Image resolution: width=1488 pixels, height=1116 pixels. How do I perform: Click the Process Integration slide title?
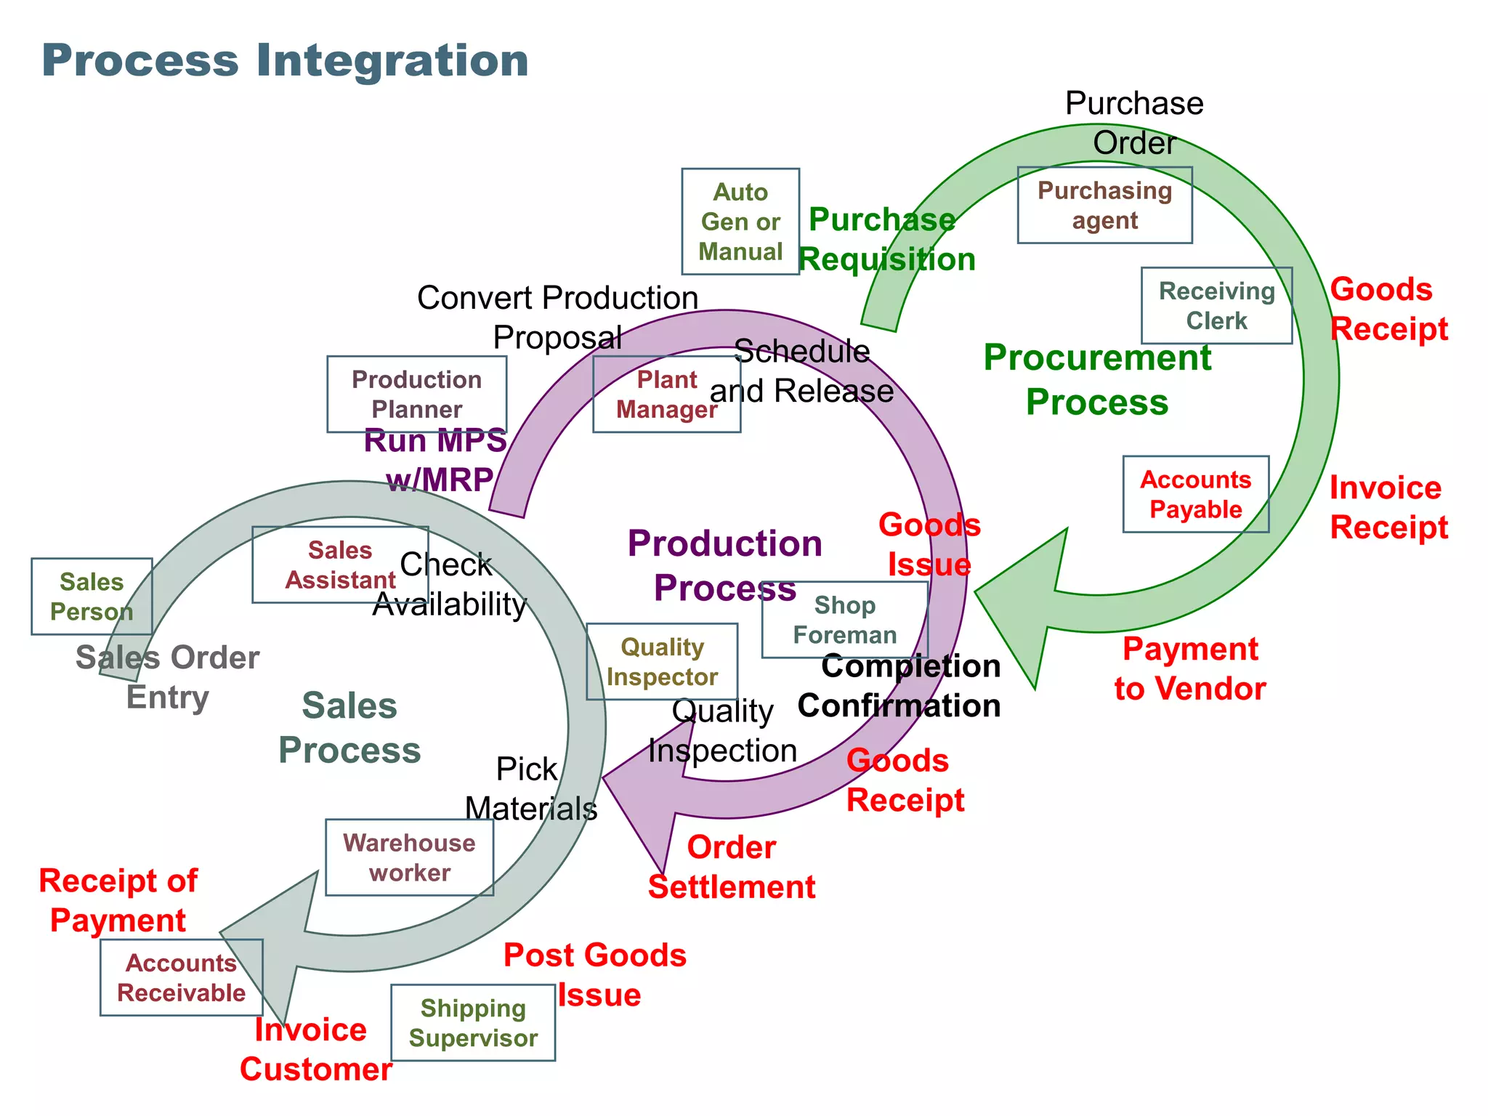285,60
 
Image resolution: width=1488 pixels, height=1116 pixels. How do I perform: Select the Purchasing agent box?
1104,206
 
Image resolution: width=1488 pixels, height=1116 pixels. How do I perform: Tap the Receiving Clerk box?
1216,306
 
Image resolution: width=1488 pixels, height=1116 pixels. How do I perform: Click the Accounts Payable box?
1195,495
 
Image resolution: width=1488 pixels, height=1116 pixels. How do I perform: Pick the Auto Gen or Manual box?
740,222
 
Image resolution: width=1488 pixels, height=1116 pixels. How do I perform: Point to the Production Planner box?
416,395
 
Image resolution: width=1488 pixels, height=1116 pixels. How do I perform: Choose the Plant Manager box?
666,395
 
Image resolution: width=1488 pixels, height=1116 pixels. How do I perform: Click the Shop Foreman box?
844,620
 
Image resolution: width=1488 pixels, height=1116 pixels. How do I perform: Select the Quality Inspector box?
662,662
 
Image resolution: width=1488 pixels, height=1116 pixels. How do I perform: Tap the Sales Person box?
92,597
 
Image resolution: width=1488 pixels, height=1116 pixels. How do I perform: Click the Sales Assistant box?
340,565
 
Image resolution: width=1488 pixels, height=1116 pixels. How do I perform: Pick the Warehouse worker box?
409,857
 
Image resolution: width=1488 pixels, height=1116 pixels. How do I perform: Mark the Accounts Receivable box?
181,977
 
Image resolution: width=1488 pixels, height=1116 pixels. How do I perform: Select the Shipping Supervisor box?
473,1023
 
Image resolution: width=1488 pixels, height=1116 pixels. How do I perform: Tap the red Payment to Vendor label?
1190,668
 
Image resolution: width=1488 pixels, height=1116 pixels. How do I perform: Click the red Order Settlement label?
732,867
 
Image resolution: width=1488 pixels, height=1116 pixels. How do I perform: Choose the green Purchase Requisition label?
886,240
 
